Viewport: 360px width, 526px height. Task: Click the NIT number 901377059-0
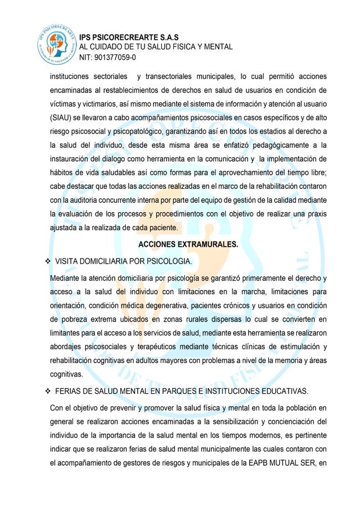(x=108, y=57)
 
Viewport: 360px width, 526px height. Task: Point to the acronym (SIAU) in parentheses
(x=64, y=118)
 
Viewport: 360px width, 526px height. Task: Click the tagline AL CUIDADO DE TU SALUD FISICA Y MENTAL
(x=156, y=47)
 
